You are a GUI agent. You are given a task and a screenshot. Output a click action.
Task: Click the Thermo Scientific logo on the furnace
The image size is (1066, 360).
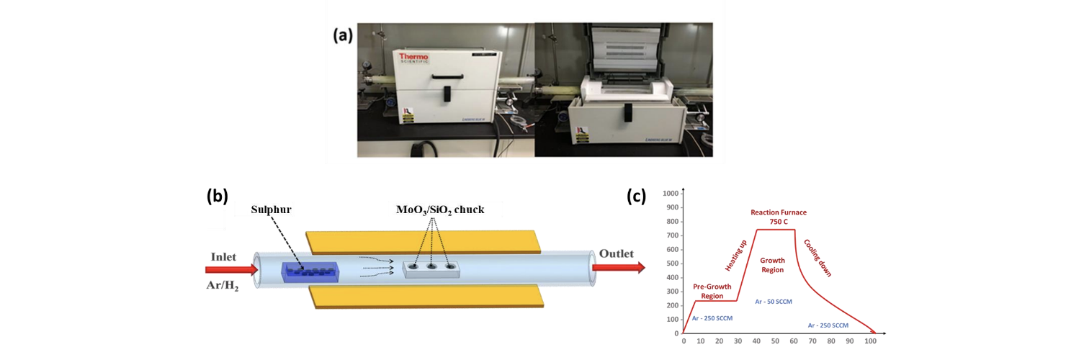coord(413,58)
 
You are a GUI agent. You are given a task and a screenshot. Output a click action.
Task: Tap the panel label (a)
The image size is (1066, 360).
coord(343,35)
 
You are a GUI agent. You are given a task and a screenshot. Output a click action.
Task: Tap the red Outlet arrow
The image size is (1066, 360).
coord(617,268)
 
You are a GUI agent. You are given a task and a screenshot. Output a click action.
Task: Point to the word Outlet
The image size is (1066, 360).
coord(616,253)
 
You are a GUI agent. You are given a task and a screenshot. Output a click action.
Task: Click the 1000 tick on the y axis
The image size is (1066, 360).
coord(671,194)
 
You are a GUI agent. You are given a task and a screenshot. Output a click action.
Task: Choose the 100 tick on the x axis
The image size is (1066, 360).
coord(869,341)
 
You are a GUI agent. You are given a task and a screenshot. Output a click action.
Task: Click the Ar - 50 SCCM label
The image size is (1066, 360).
coord(773,302)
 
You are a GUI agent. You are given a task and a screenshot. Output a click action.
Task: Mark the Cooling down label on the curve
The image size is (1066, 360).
coord(818,258)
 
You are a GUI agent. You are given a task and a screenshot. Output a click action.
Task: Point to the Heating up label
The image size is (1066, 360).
coord(736,256)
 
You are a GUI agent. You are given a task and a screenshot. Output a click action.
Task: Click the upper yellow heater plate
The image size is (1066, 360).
coord(424,241)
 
